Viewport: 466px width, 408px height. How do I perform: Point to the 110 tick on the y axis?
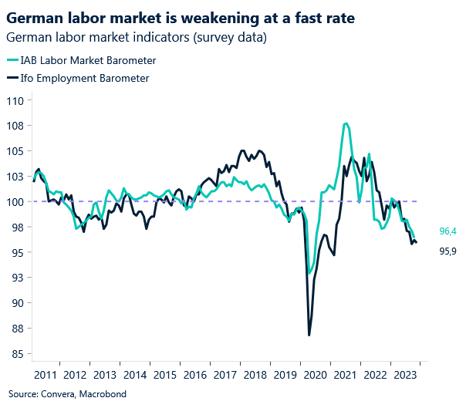(17, 100)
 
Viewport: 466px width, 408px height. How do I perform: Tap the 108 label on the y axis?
(17, 126)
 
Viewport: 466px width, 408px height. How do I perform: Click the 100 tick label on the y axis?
(17, 201)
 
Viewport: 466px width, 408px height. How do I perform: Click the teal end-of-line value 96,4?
(448, 231)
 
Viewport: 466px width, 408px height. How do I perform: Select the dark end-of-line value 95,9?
(448, 251)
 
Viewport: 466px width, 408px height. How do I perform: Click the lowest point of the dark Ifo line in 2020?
(309, 335)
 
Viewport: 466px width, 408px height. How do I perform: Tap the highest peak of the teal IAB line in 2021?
(346, 123)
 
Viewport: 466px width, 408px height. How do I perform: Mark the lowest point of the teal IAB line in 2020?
(310, 273)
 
